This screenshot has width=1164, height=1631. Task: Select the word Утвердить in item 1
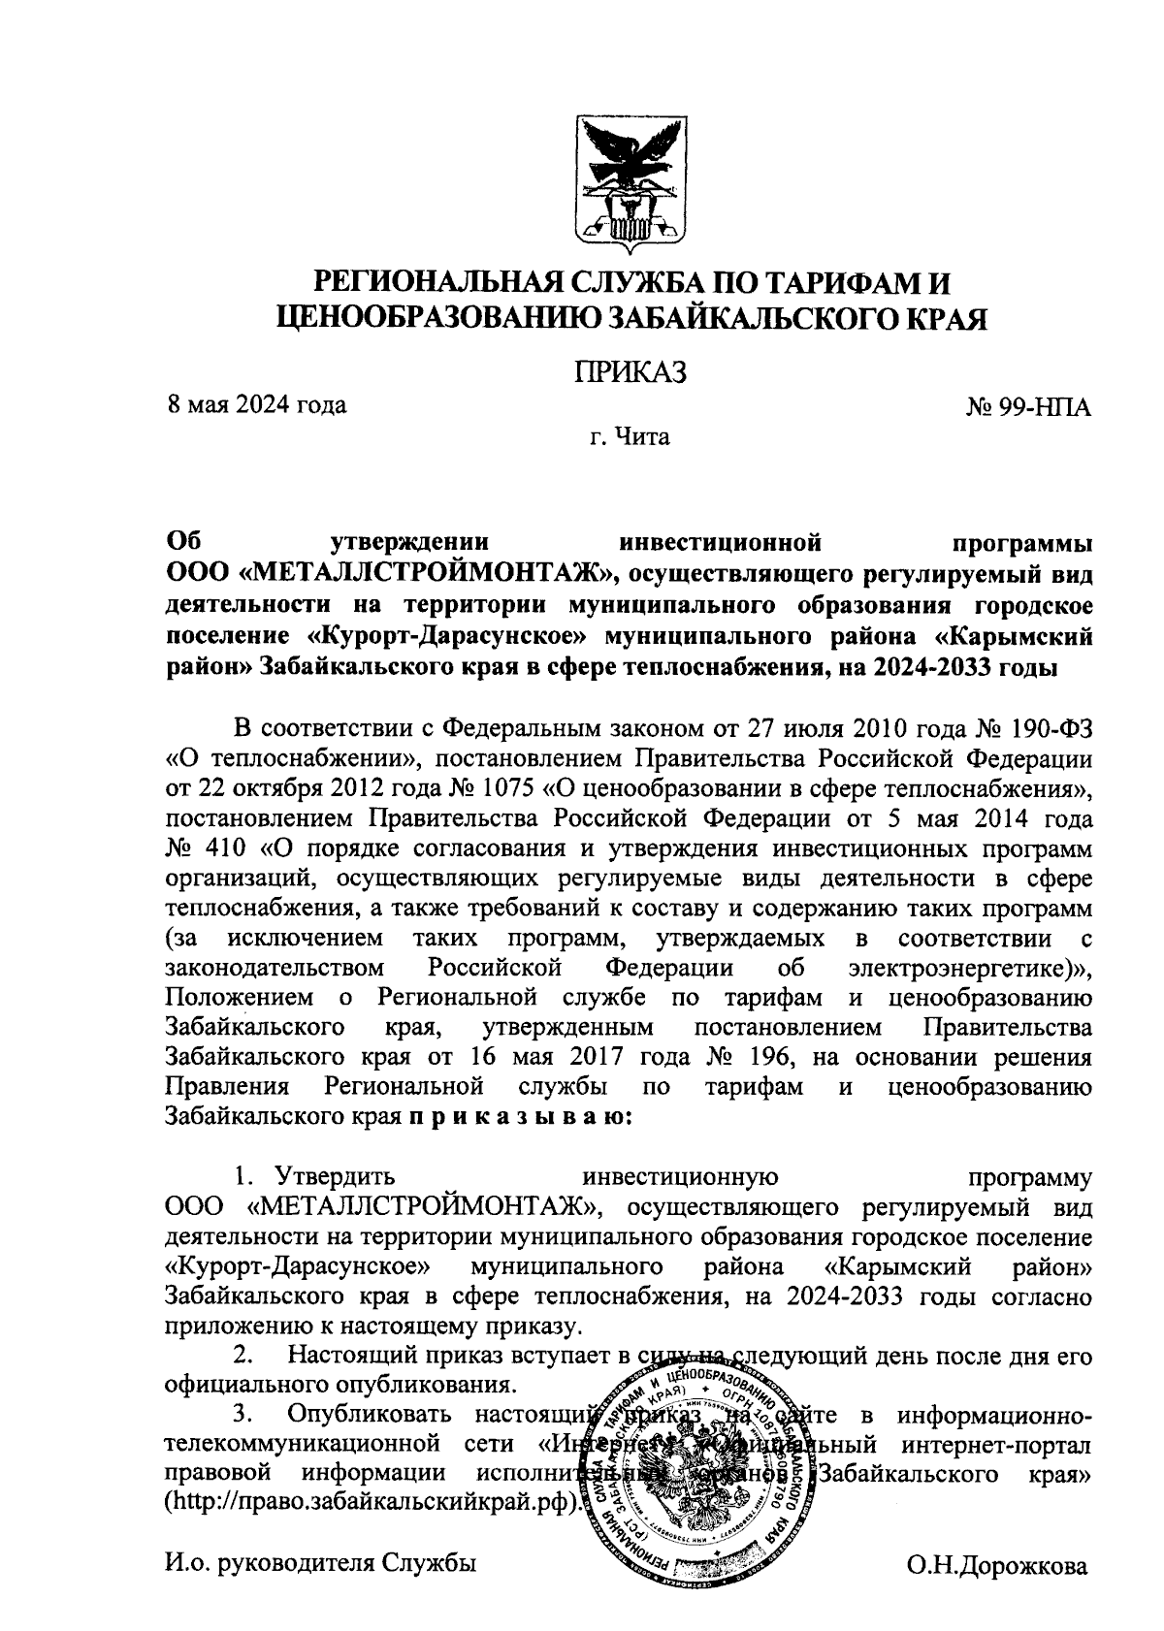[335, 1177]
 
